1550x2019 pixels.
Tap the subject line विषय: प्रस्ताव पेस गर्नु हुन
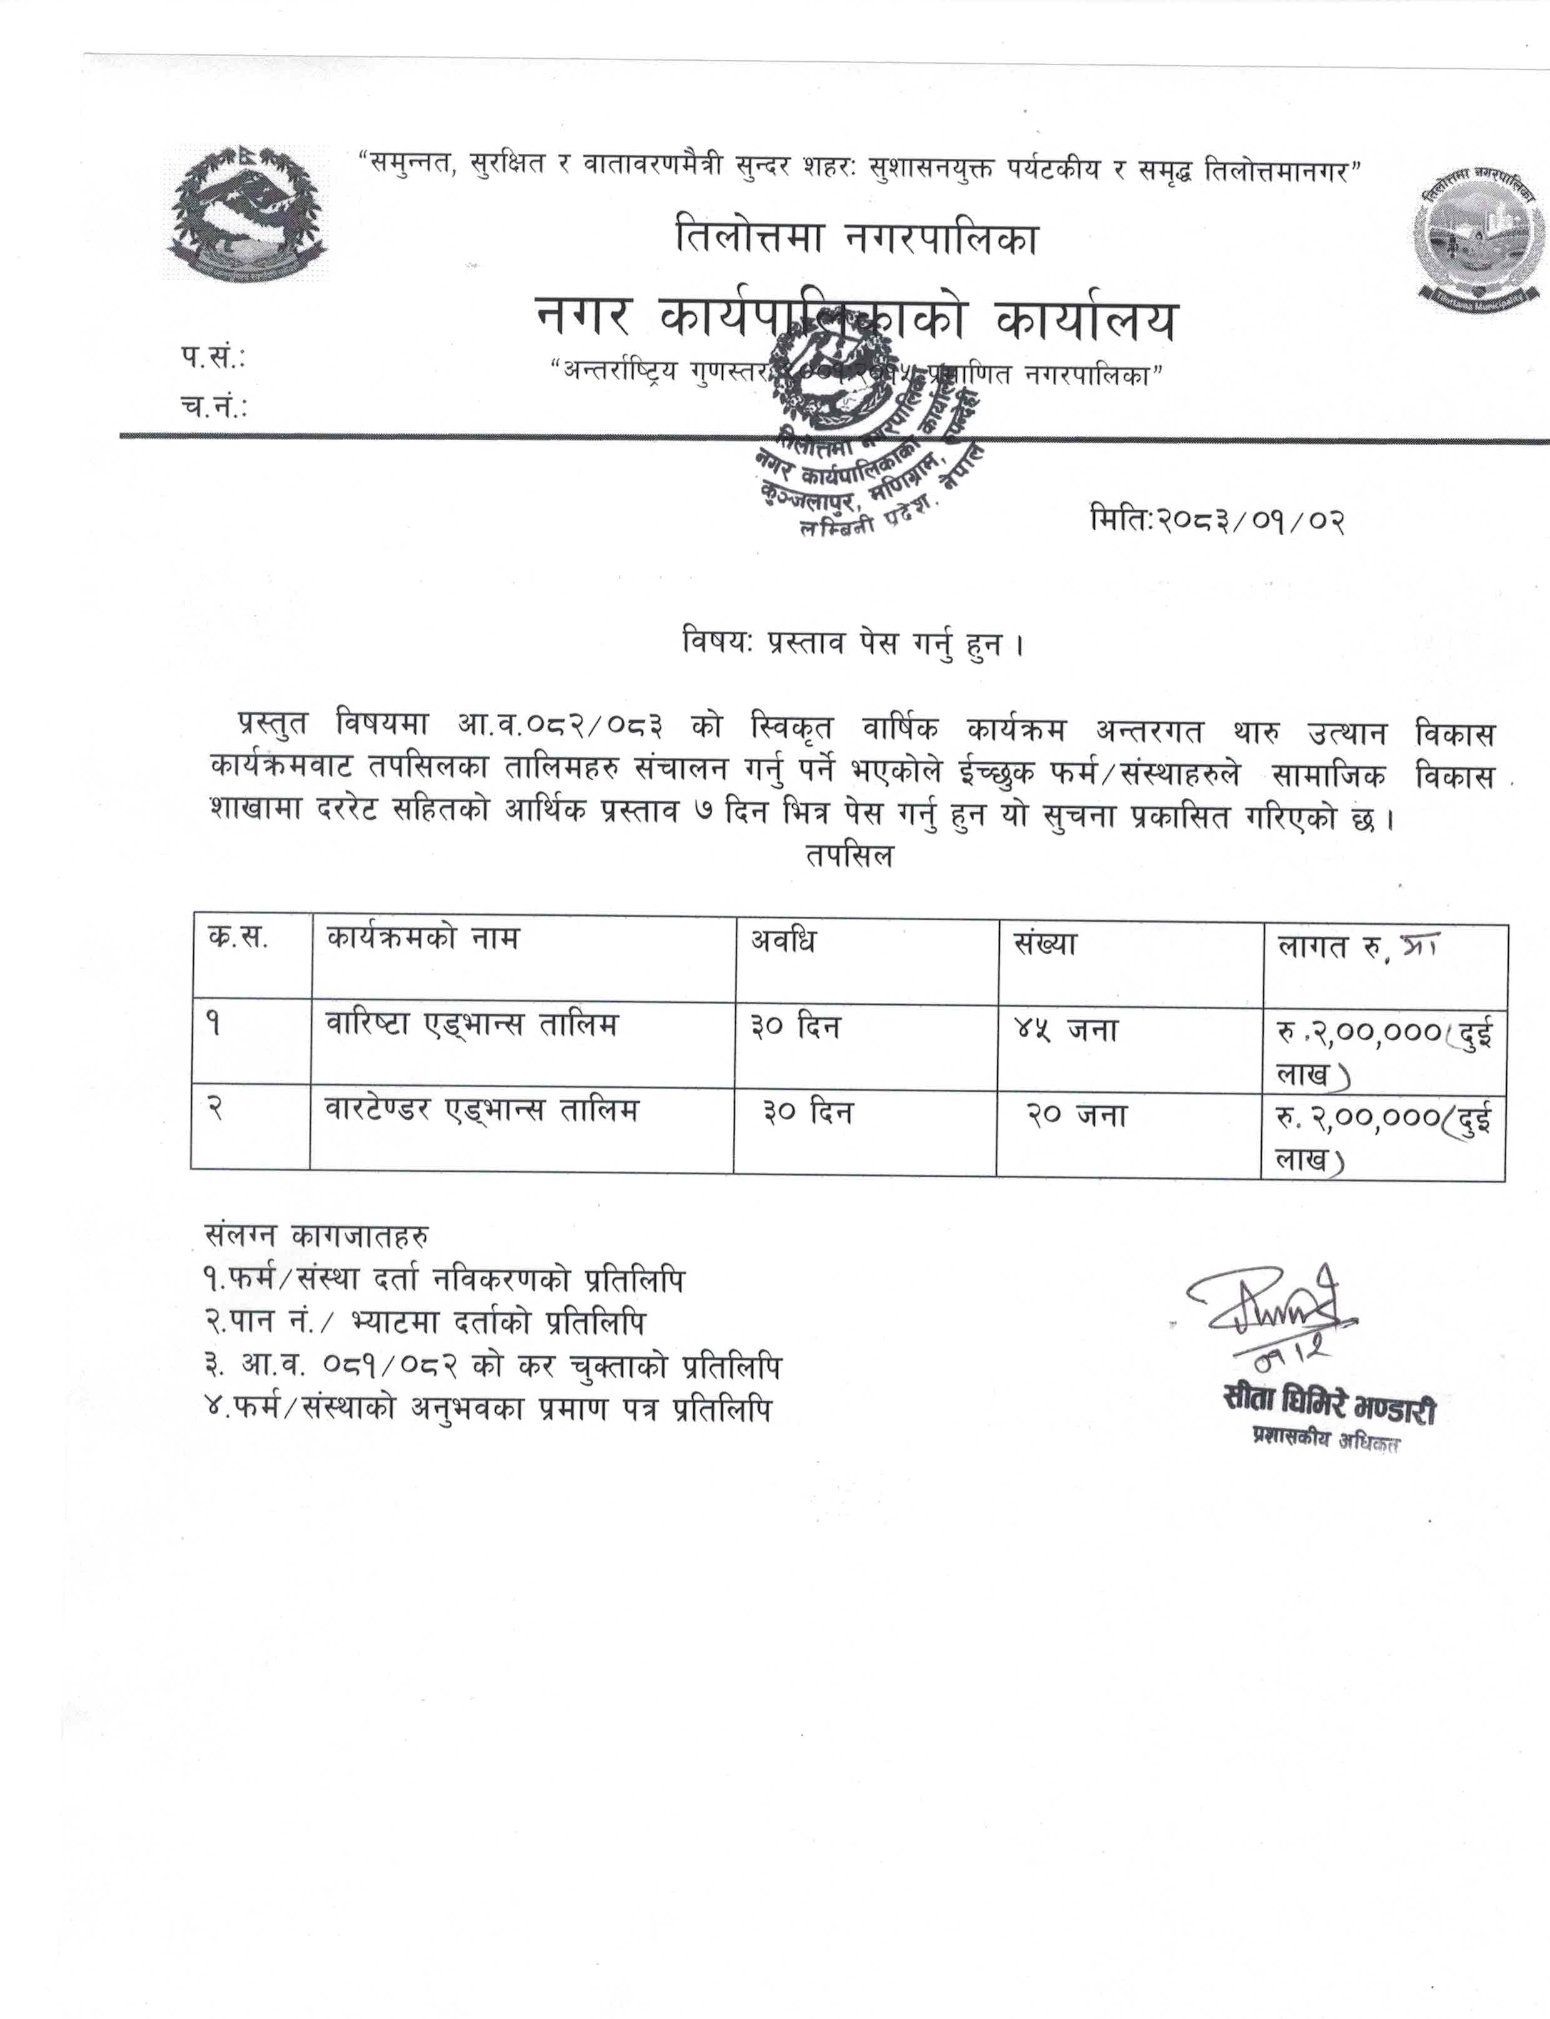pos(854,644)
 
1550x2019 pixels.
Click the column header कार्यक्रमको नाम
pos(423,939)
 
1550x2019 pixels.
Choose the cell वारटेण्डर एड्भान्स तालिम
pos(481,1109)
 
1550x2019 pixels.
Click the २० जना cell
pos(1077,1115)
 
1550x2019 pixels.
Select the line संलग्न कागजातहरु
pos(316,1236)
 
